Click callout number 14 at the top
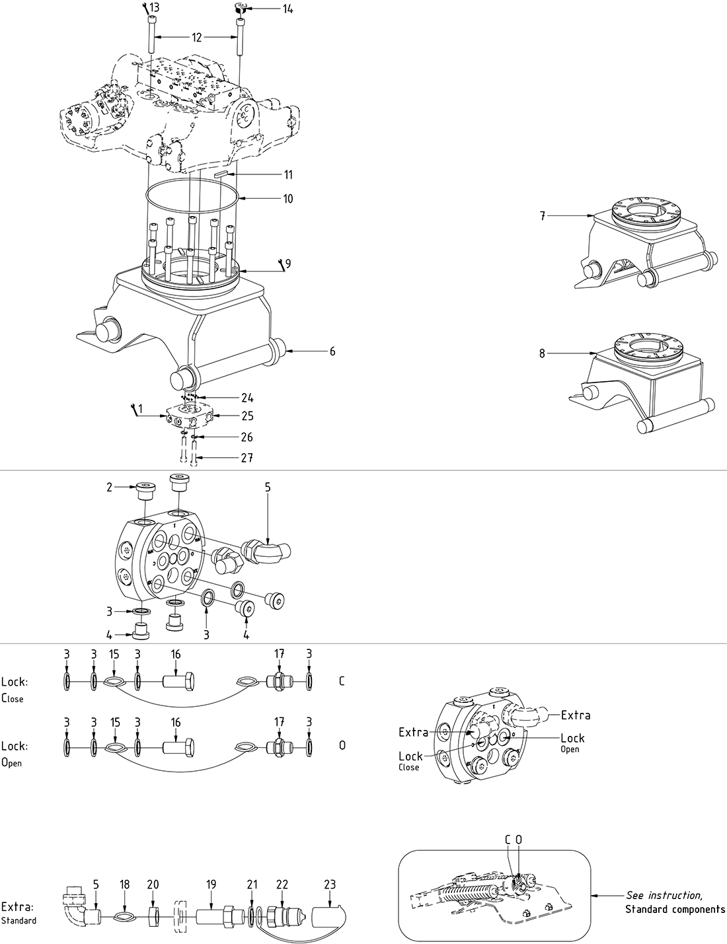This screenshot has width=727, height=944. click(287, 9)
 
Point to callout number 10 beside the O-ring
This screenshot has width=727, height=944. click(287, 198)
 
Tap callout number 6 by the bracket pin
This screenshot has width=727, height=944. click(332, 351)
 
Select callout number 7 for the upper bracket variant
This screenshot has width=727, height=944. click(542, 216)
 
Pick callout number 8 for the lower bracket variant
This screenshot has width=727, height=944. click(542, 353)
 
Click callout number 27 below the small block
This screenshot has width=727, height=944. click(247, 458)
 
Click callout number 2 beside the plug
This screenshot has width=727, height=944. click(109, 488)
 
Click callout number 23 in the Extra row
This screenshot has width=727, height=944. click(330, 885)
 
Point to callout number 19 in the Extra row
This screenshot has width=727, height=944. click(211, 885)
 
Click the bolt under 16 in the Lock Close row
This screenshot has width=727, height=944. click(178, 681)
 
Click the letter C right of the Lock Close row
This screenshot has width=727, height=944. click(341, 681)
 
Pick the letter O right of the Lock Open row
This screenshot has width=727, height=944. click(342, 745)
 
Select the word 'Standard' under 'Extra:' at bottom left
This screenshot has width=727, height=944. click(19, 920)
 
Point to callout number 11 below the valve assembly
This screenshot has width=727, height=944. click(288, 175)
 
